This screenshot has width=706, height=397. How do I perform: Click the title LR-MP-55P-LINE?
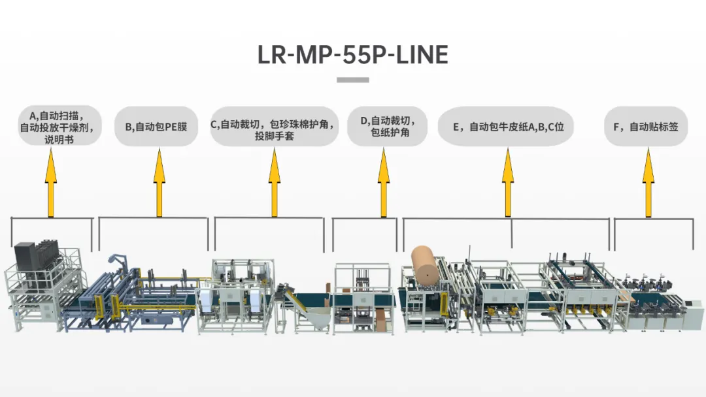[353, 55]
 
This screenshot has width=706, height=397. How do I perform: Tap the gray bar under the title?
[353, 80]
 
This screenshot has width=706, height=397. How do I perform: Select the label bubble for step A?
[59, 126]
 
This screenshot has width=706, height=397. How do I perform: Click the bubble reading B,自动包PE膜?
[156, 126]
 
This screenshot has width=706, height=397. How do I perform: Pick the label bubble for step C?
[275, 126]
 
